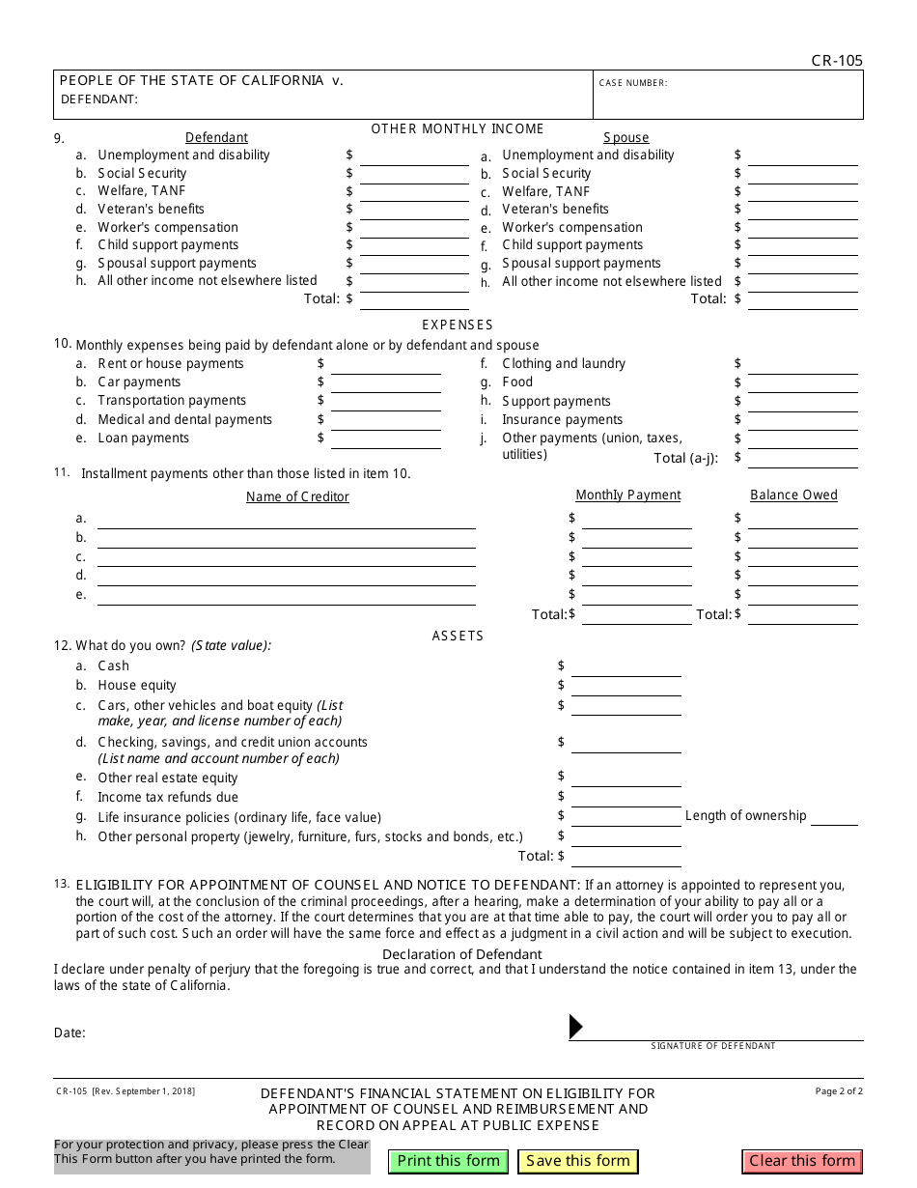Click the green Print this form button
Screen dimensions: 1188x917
point(449,1161)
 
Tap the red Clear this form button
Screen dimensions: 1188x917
point(802,1161)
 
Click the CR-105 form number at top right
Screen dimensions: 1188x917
point(837,61)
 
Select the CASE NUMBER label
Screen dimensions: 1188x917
point(633,83)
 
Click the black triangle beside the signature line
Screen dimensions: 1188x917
point(576,1026)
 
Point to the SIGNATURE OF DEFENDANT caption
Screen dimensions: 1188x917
point(712,1046)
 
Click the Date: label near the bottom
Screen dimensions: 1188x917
point(69,1032)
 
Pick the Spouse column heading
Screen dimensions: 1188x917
point(626,137)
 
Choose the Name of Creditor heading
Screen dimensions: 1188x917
point(297,496)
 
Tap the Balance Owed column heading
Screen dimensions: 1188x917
point(793,495)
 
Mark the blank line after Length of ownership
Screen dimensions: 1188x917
point(834,818)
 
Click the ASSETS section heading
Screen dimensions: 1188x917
point(458,636)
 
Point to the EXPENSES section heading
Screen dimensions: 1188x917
point(458,325)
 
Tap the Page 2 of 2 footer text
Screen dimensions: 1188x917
point(839,1091)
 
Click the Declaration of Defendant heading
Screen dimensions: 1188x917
point(462,953)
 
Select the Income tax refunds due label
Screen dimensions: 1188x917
point(168,797)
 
